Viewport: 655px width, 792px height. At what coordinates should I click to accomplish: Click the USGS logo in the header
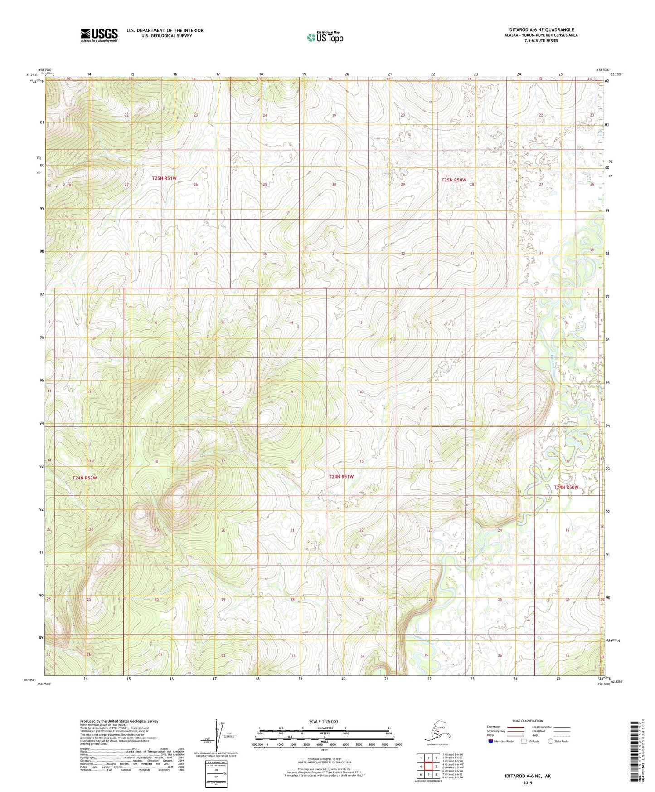pyautogui.click(x=99, y=35)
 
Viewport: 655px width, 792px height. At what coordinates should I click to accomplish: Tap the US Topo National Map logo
pyautogui.click(x=325, y=37)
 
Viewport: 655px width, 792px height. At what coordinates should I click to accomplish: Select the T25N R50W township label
pyautogui.click(x=454, y=180)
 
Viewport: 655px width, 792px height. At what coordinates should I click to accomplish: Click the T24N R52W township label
pyautogui.click(x=85, y=478)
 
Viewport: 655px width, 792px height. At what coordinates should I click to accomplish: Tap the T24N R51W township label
pyautogui.click(x=341, y=477)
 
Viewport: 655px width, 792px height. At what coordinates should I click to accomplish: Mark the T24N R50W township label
pyautogui.click(x=566, y=487)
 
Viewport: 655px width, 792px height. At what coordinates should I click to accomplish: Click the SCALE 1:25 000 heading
pyautogui.click(x=323, y=721)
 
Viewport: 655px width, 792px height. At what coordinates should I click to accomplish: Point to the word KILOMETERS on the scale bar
pyautogui.click(x=324, y=728)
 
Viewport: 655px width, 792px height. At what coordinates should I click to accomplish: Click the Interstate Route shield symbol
pyautogui.click(x=491, y=741)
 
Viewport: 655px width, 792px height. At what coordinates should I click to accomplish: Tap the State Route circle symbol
pyautogui.click(x=551, y=741)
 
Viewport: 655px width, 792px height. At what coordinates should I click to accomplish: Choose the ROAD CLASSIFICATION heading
pyautogui.click(x=528, y=721)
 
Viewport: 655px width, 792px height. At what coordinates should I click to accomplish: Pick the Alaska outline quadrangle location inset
pyautogui.click(x=437, y=731)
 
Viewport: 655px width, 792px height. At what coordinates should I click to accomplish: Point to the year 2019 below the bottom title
pyautogui.click(x=528, y=782)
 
